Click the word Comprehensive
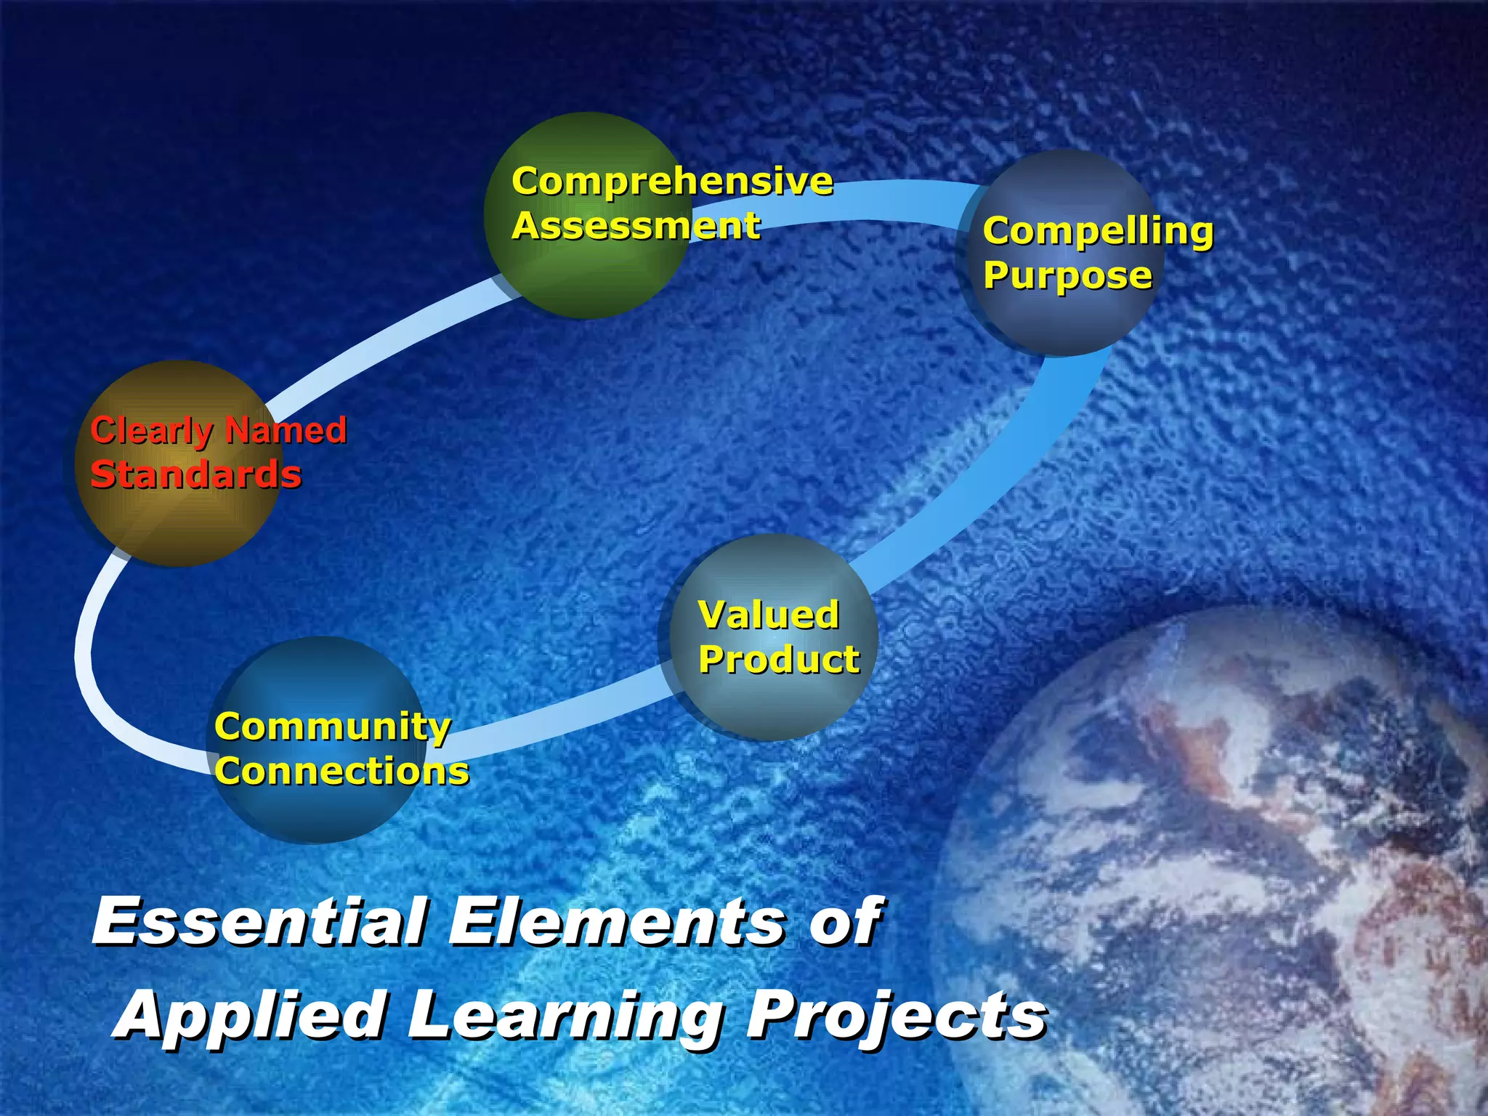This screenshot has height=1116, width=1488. [672, 182]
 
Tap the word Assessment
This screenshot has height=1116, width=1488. [636, 225]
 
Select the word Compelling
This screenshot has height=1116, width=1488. [1098, 231]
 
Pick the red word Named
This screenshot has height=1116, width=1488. [286, 430]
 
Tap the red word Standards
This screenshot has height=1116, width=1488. [195, 475]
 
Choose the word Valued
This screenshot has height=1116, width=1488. [769, 615]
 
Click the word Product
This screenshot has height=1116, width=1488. [779, 660]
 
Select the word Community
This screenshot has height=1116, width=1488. [333, 727]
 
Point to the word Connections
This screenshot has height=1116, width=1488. [341, 772]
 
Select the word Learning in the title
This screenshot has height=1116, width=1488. [564, 1016]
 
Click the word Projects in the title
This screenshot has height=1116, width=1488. [897, 1016]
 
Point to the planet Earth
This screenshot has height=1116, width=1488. [1235, 872]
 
